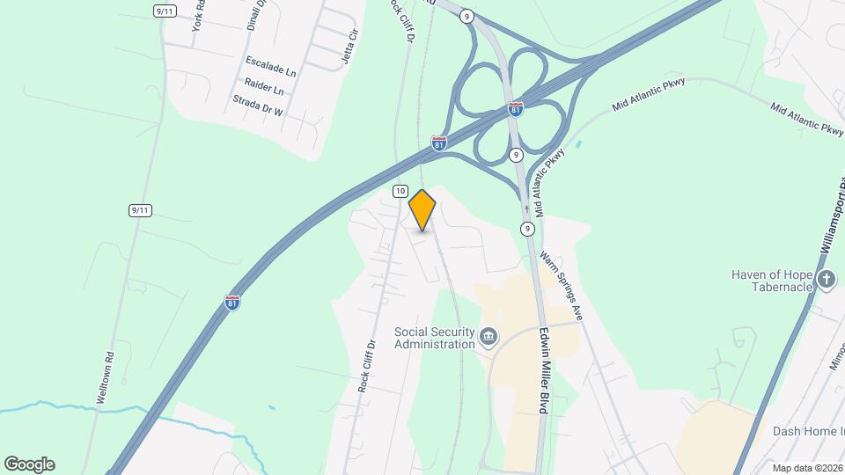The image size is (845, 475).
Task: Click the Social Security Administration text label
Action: (x=435, y=338)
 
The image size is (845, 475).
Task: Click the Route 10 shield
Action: (x=400, y=191)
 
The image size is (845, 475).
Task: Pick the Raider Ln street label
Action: (x=265, y=90)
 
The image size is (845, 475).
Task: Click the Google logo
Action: (x=29, y=464)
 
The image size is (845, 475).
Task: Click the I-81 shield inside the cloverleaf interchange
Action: (x=516, y=109)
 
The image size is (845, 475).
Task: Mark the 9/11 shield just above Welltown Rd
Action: (x=139, y=209)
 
